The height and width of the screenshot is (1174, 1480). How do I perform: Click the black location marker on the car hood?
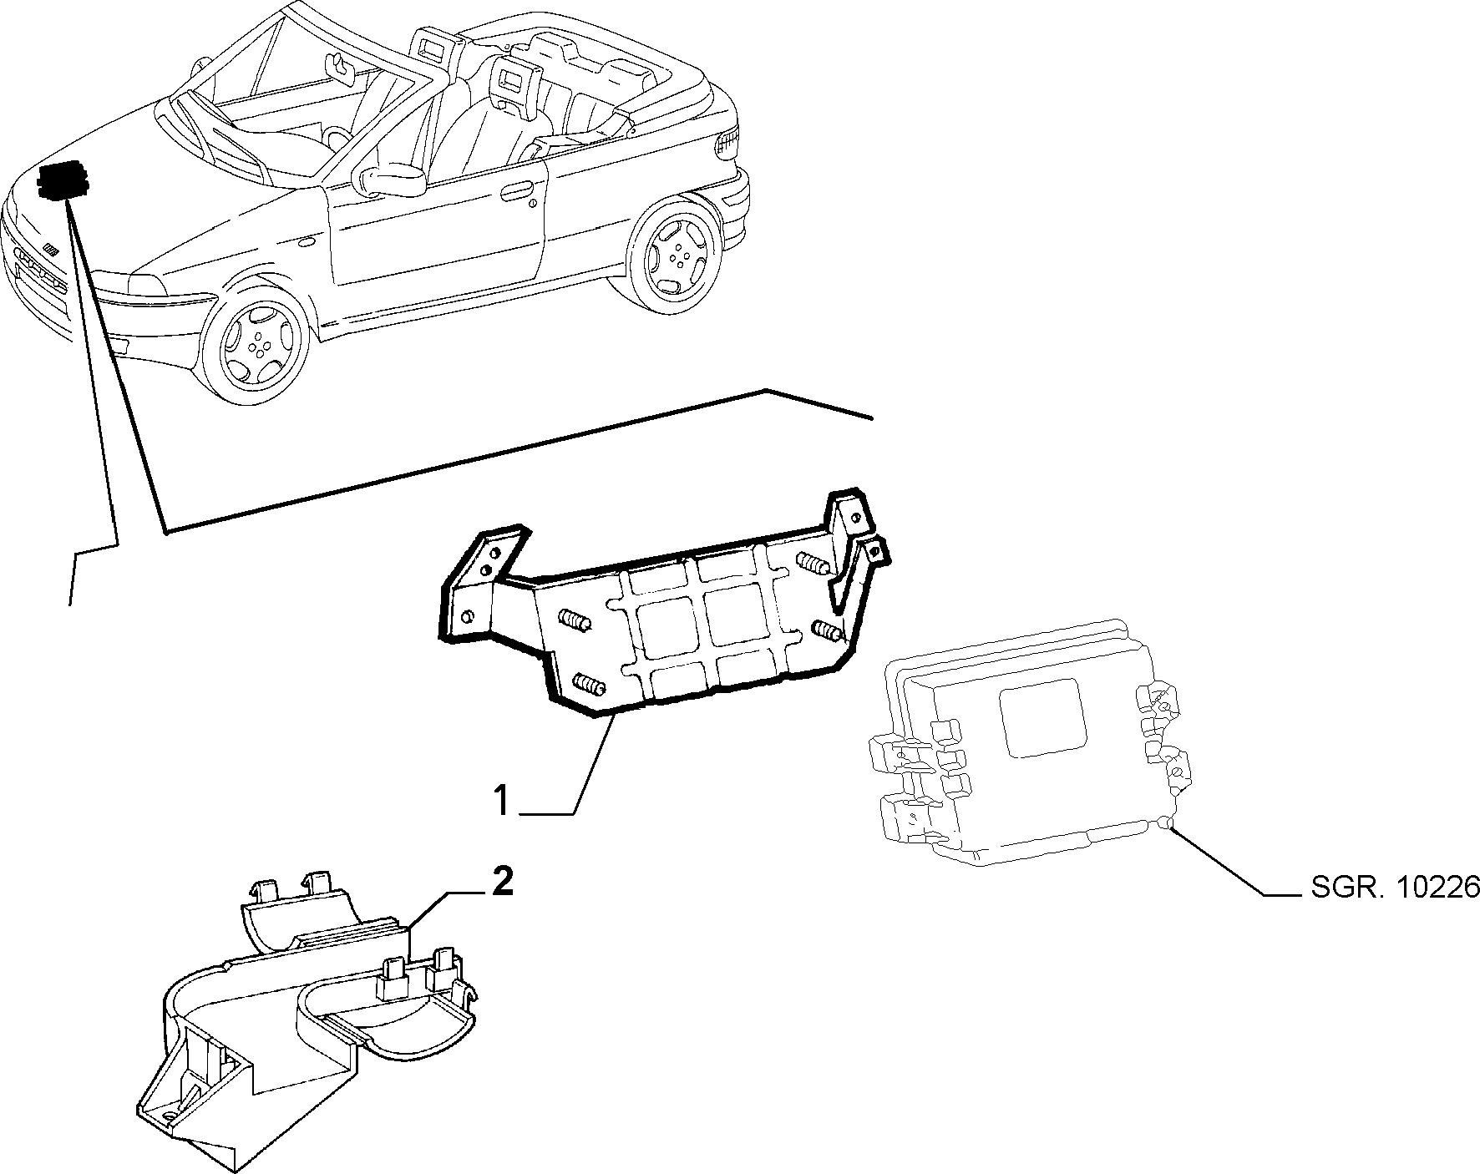click(63, 178)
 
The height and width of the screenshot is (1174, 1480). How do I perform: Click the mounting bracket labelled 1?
click(660, 610)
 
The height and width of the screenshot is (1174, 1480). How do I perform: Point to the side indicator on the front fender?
click(306, 242)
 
